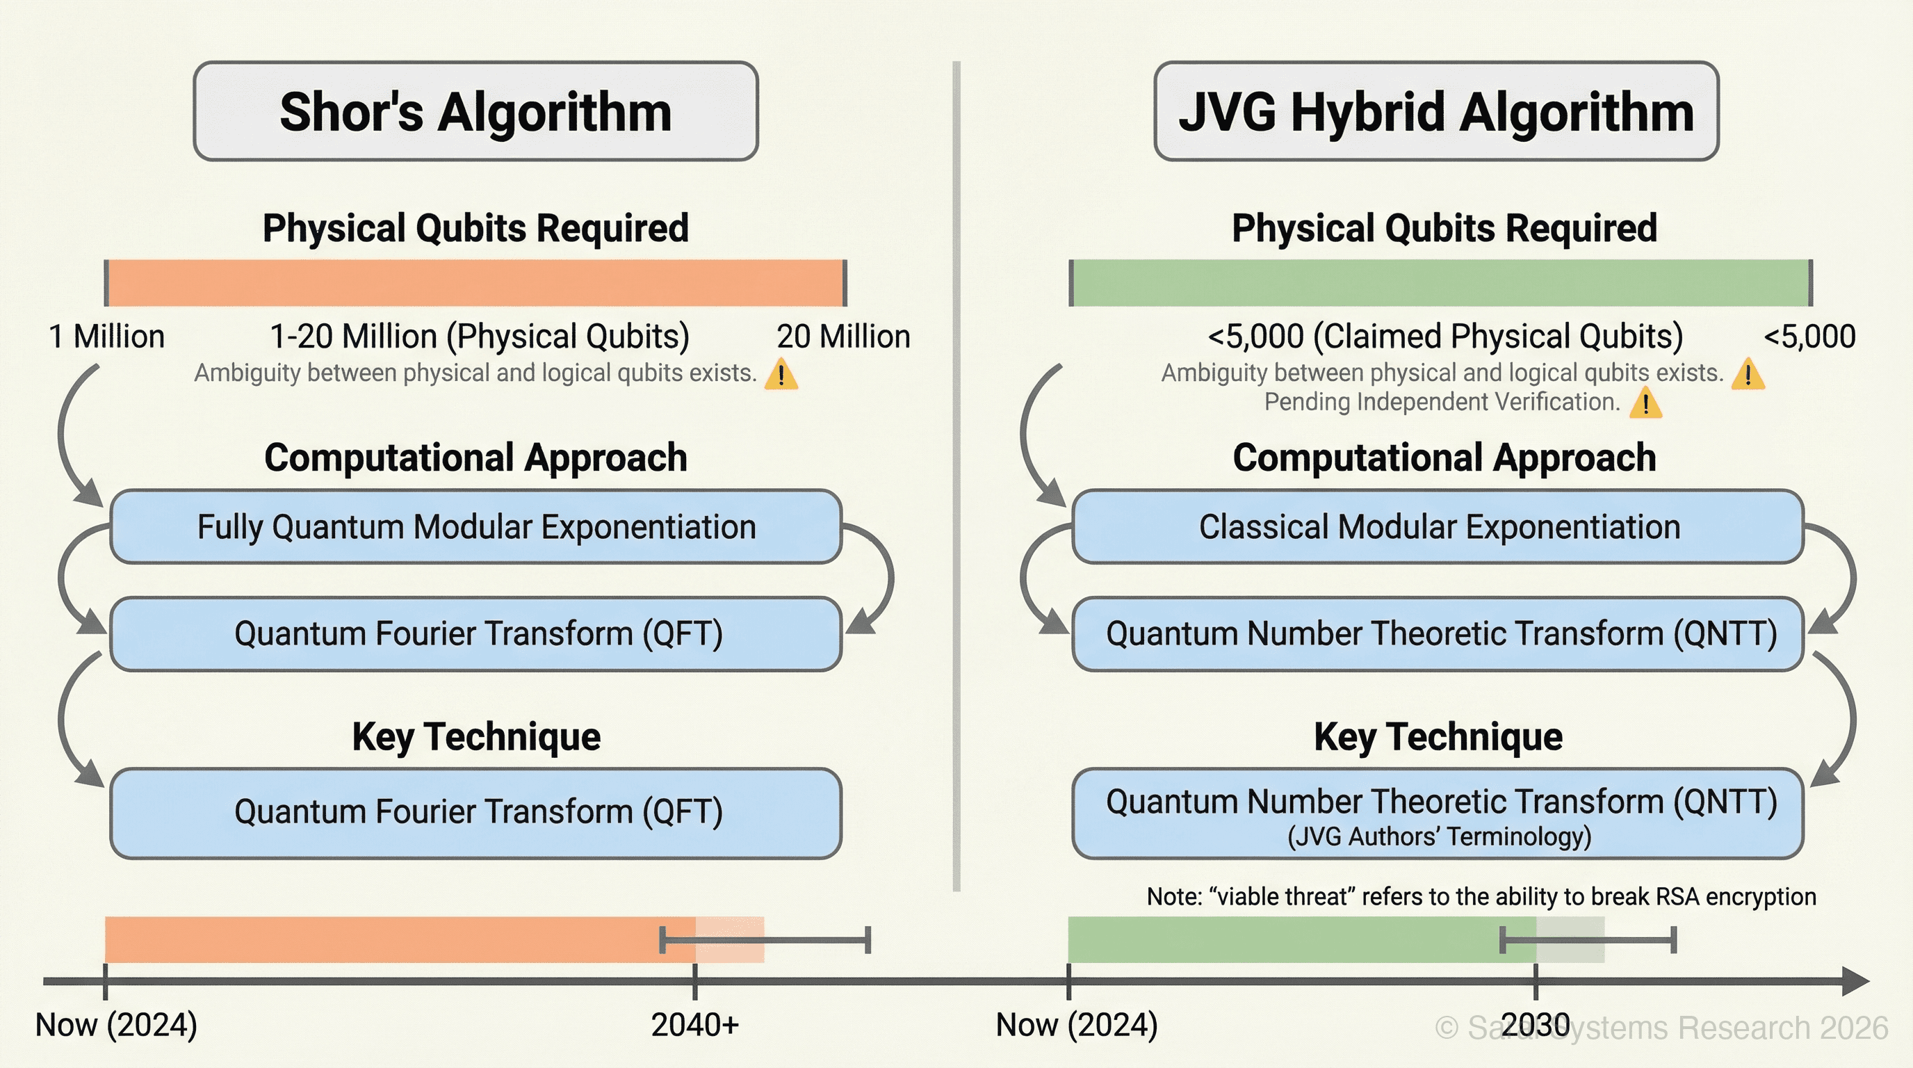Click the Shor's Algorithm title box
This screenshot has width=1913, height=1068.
click(x=475, y=111)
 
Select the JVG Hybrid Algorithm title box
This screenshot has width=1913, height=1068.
click(x=1436, y=111)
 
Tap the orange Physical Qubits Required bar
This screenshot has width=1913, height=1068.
click(x=475, y=283)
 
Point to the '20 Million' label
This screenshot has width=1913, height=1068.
click(x=843, y=337)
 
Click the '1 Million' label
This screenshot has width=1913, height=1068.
click(x=106, y=337)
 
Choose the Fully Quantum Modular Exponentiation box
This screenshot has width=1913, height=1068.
click(x=475, y=526)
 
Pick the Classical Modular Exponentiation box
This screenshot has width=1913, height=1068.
click(x=1438, y=526)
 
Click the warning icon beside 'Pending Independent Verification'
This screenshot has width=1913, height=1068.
click(x=1645, y=403)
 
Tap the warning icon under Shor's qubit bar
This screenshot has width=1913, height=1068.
click(x=781, y=373)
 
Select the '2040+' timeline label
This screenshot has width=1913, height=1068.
click(x=694, y=1025)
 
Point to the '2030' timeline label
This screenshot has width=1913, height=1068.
click(x=1535, y=1025)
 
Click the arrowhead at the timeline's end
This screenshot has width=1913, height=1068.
click(x=1857, y=981)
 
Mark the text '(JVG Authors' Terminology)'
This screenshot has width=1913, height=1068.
click(x=1438, y=836)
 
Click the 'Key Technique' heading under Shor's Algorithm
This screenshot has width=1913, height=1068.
click(x=476, y=737)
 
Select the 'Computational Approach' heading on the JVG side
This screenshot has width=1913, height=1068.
click(x=1444, y=458)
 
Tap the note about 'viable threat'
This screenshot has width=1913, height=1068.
click(x=1481, y=896)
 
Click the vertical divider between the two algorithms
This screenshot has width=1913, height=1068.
click(x=956, y=476)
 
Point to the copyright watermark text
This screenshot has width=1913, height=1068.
click(x=1661, y=1028)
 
